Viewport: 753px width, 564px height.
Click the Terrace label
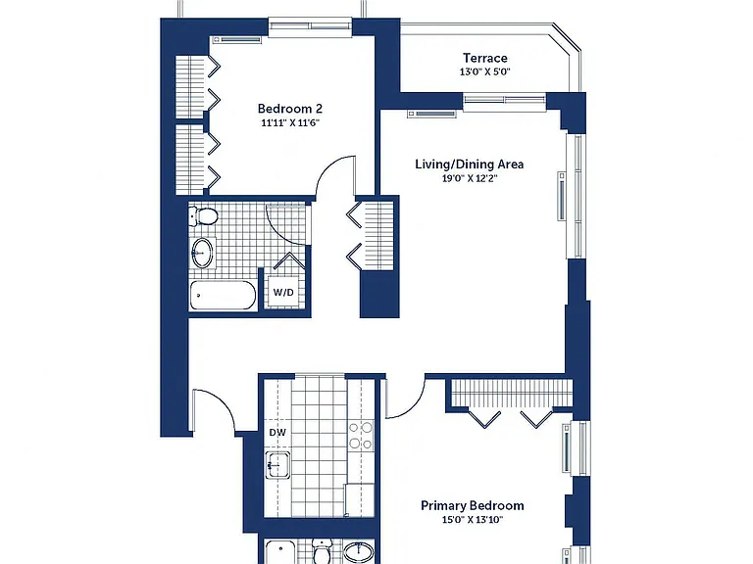click(485, 58)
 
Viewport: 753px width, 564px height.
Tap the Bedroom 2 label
click(290, 109)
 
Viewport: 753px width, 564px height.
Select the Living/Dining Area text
click(470, 164)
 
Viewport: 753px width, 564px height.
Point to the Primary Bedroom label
click(472, 505)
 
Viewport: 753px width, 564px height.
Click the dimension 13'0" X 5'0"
click(485, 72)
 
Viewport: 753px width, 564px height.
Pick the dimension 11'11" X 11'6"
click(290, 122)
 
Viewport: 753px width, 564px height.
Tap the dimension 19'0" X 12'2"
click(470, 179)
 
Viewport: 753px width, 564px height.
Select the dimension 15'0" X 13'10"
click(472, 519)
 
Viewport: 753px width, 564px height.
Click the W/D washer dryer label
click(283, 292)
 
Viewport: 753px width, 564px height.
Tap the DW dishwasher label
click(277, 433)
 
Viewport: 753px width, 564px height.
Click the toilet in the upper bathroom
click(203, 216)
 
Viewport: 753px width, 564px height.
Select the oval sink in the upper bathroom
click(202, 253)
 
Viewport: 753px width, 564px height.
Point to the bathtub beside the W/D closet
click(223, 296)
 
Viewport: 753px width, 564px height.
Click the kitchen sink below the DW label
click(278, 465)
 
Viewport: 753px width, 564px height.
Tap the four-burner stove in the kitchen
click(361, 436)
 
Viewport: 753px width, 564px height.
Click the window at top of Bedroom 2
click(310, 26)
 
